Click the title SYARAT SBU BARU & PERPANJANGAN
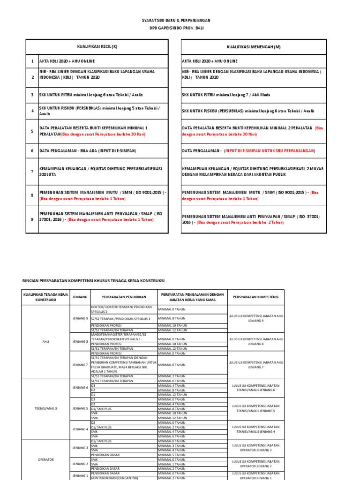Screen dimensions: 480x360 (x=176, y=21)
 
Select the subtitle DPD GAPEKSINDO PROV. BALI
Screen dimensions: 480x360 (x=176, y=28)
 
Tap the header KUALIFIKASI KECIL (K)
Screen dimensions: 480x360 (x=97, y=47)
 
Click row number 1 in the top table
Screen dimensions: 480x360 (x=32, y=61)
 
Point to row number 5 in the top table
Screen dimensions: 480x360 (x=32, y=131)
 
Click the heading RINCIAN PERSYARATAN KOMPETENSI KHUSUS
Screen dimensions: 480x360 (x=94, y=280)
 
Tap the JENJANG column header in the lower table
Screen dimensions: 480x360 (x=80, y=297)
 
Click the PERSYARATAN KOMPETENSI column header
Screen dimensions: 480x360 (x=255, y=297)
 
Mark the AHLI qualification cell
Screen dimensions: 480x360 (x=46, y=342)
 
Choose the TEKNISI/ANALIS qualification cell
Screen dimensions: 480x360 (x=46, y=408)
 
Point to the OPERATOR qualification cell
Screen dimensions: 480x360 (x=46, y=459)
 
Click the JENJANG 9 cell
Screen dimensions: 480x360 (x=80, y=318)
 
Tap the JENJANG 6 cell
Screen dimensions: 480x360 (x=80, y=388)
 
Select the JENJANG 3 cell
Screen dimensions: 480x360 (x=80, y=448)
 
